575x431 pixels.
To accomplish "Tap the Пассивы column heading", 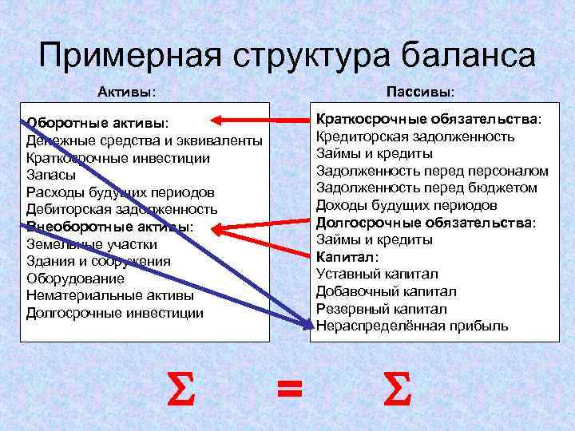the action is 421,93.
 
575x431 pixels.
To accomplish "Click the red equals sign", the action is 289,389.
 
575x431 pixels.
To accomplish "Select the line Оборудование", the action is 75,279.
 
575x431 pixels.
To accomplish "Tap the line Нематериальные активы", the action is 109,296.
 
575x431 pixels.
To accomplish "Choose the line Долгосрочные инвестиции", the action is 115,314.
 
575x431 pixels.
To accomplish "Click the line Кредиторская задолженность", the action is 415,136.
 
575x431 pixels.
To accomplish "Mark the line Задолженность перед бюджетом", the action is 426,188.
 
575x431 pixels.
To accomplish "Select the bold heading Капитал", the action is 347,256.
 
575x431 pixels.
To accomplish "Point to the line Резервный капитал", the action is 382,308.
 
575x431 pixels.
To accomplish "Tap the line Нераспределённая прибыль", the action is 411,326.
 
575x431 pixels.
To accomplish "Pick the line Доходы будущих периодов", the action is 412,205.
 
